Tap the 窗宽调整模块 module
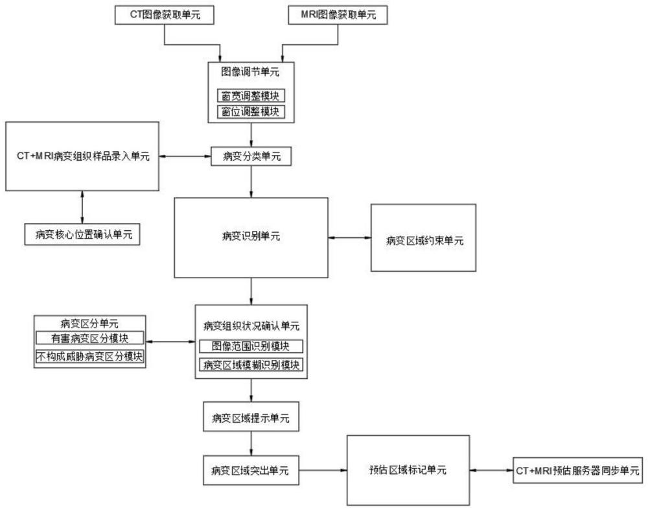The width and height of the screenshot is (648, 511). pyautogui.click(x=251, y=96)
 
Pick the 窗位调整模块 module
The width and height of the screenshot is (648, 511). pyautogui.click(x=251, y=111)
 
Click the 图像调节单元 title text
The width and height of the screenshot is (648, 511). pyautogui.click(x=251, y=71)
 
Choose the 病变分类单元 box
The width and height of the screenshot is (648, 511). pyautogui.click(x=251, y=157)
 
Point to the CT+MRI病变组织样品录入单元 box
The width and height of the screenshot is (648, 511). pyautogui.click(x=82, y=157)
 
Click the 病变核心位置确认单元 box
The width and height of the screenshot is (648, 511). pyautogui.click(x=82, y=233)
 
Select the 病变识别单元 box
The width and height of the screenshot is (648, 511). pyautogui.click(x=251, y=237)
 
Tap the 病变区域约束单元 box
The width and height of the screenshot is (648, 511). pyautogui.click(x=422, y=237)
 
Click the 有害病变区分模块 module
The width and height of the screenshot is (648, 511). pyautogui.click(x=89, y=338)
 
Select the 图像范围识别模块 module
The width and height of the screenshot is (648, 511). pyautogui.click(x=251, y=346)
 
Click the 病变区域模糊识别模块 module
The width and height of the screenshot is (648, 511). pyautogui.click(x=251, y=365)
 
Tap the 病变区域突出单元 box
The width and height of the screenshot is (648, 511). pyautogui.click(x=251, y=471)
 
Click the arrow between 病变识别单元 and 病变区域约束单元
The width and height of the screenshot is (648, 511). pyautogui.click(x=349, y=238)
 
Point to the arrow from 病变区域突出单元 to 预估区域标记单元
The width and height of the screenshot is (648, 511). pyautogui.click(x=323, y=471)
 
